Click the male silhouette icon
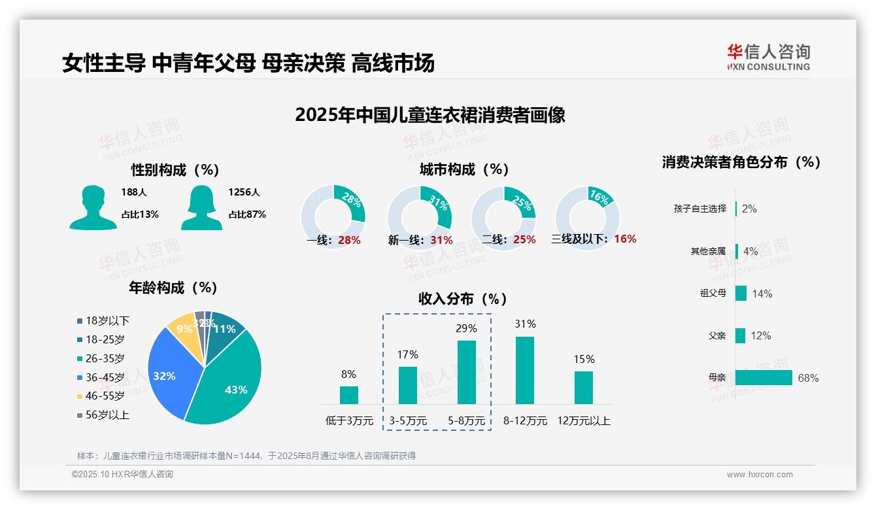point(93,208)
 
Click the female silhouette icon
point(201,208)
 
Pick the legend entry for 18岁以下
point(103,321)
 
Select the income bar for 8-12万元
point(525,370)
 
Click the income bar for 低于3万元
point(348,395)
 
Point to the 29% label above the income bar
point(466,328)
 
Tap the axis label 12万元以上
point(583,421)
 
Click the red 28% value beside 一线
point(349,241)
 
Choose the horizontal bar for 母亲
point(764,378)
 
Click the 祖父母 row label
point(713,294)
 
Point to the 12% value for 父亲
point(761,336)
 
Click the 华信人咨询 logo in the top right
point(768,58)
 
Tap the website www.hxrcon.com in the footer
point(760,475)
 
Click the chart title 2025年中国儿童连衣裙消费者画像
point(430,116)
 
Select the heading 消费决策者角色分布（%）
point(741,162)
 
